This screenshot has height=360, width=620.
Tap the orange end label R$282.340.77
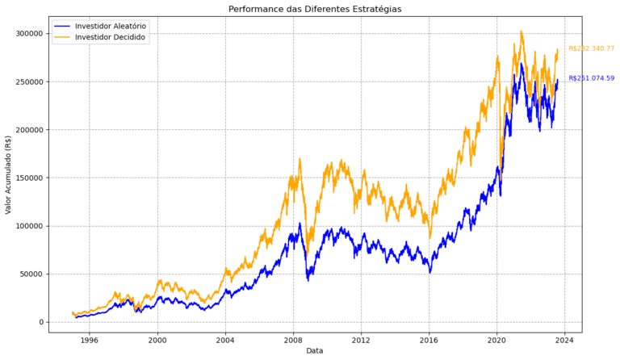[x=591, y=48]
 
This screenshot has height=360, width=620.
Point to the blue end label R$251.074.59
[x=591, y=78]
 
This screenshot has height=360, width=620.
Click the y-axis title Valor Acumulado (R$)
[x=9, y=174]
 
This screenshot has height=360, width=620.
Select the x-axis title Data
[x=316, y=351]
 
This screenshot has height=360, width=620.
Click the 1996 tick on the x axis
[x=90, y=339]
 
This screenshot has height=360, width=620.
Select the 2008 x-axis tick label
[x=293, y=339]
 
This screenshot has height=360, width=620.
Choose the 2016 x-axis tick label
[x=429, y=339]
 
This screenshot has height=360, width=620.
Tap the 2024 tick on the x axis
[x=565, y=339]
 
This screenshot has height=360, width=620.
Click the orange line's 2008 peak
[x=300, y=159]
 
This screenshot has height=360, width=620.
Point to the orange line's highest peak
[x=522, y=31]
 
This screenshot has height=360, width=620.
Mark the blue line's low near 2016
[x=430, y=272]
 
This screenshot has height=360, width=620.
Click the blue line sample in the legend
[x=62, y=27]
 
